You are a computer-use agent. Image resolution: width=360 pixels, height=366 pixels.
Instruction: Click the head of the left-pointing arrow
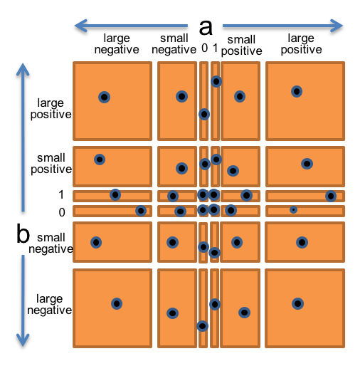(x=76, y=26)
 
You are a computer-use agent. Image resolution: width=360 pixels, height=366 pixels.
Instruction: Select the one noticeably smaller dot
(x=293, y=209)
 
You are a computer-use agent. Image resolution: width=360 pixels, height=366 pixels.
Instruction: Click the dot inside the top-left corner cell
(x=104, y=97)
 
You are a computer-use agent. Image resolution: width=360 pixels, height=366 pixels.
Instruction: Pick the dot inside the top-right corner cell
(x=297, y=91)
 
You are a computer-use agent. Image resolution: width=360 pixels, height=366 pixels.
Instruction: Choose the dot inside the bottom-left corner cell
(x=117, y=303)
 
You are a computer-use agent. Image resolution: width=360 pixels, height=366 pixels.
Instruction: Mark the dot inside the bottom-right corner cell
(x=297, y=303)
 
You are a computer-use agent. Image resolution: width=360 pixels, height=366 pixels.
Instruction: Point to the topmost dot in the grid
(x=216, y=81)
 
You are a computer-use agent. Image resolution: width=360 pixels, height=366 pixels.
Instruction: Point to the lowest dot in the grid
(x=202, y=326)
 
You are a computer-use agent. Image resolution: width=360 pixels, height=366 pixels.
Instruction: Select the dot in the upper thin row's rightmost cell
(x=331, y=196)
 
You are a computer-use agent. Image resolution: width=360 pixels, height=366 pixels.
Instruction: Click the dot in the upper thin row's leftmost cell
(x=115, y=194)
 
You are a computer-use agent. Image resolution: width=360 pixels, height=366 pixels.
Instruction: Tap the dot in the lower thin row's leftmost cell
(x=141, y=211)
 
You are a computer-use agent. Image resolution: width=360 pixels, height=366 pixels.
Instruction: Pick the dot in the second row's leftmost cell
(x=100, y=160)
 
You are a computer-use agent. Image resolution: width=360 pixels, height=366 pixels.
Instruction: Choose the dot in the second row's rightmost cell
(x=307, y=164)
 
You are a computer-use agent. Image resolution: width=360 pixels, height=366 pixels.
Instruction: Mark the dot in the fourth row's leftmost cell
(x=96, y=242)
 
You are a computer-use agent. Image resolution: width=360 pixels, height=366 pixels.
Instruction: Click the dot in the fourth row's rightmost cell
(x=302, y=242)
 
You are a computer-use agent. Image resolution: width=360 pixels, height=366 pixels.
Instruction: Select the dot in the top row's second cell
(x=181, y=96)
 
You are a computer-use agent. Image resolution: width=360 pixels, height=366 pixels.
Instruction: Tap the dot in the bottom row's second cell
(x=172, y=313)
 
